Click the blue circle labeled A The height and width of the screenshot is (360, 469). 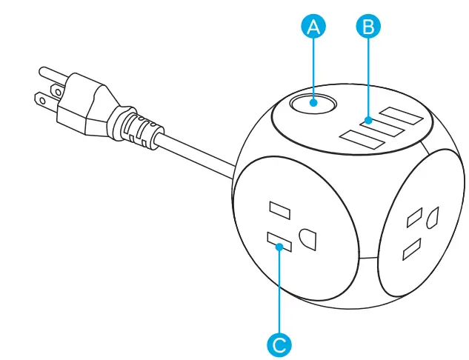(313, 27)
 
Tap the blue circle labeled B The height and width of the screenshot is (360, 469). (367, 27)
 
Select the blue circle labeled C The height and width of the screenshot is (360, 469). (279, 344)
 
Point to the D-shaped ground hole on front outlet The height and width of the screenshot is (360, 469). (306, 239)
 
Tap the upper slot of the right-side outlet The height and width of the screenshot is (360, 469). (412, 218)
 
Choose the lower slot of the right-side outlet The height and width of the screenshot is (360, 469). (410, 250)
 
